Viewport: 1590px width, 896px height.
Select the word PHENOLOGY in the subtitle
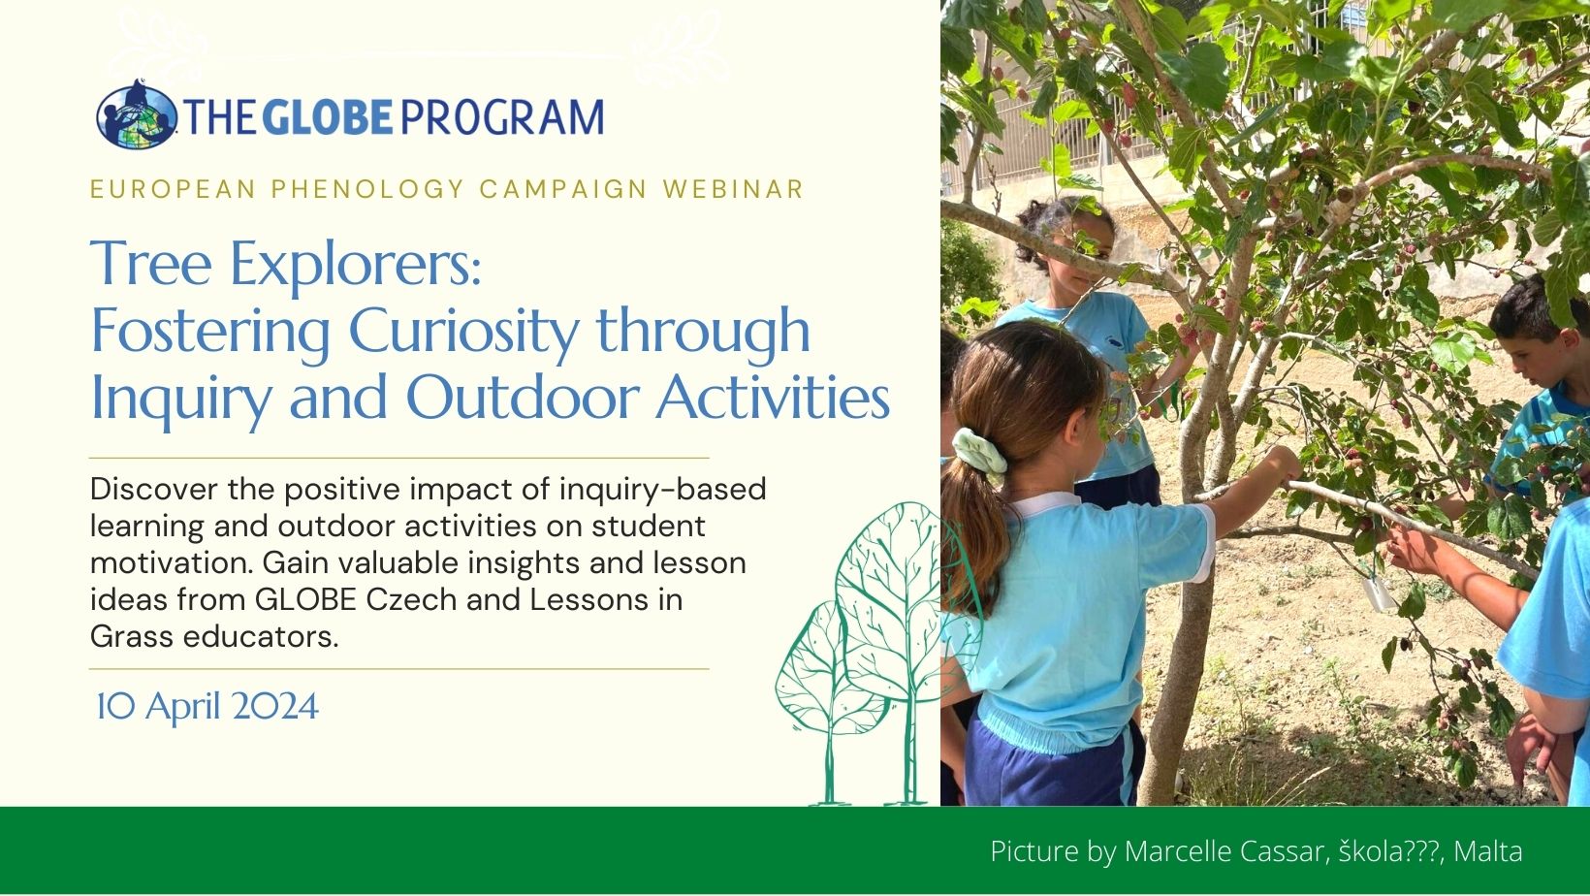tap(367, 189)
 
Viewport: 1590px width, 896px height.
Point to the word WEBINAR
tap(733, 189)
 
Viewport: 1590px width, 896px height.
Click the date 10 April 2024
tap(207, 707)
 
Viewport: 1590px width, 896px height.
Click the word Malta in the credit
tap(1488, 850)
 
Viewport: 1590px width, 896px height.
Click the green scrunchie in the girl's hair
tap(979, 450)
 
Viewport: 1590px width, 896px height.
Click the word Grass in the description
tap(131, 637)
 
